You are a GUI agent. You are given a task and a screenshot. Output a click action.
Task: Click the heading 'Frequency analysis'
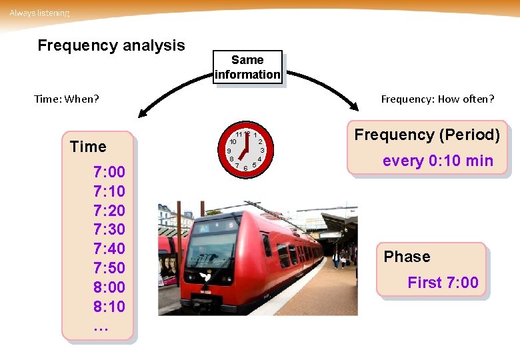(111, 45)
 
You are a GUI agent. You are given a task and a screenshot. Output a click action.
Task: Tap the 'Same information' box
(247, 67)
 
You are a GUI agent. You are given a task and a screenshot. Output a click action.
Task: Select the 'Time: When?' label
(66, 99)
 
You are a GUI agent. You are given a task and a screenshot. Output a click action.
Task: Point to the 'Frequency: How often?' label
(437, 99)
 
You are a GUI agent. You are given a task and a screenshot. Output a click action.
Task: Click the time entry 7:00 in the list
(109, 172)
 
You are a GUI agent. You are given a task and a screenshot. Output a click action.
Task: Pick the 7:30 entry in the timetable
(109, 229)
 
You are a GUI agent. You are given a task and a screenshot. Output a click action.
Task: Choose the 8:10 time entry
(109, 307)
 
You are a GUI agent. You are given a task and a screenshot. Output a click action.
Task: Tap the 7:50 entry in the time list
(109, 268)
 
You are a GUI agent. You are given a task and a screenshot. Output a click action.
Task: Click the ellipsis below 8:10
(101, 327)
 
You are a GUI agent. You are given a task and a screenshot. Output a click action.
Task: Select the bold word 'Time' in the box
(88, 147)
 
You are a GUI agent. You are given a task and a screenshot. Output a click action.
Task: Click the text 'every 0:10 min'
(437, 161)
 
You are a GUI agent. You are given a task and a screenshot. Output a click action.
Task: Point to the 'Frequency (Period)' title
(427, 135)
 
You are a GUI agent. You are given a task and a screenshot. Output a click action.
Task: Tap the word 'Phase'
(407, 257)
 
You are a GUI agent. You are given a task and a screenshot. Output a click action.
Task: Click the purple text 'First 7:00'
(443, 283)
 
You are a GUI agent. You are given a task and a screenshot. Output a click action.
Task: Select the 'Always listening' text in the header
(39, 13)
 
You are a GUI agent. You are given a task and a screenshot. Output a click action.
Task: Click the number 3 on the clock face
(263, 151)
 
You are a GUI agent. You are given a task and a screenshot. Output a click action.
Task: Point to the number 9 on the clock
(229, 151)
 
